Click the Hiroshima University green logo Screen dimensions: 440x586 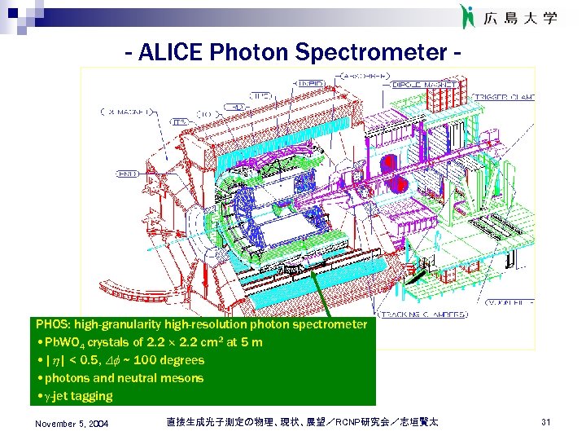click(x=467, y=16)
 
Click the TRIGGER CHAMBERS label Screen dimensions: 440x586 click(x=511, y=97)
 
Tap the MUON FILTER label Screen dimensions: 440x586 click(x=511, y=302)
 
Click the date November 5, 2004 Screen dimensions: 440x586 click(x=72, y=424)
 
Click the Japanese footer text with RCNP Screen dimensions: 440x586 click(x=301, y=422)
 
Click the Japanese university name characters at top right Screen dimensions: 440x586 click(x=521, y=17)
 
